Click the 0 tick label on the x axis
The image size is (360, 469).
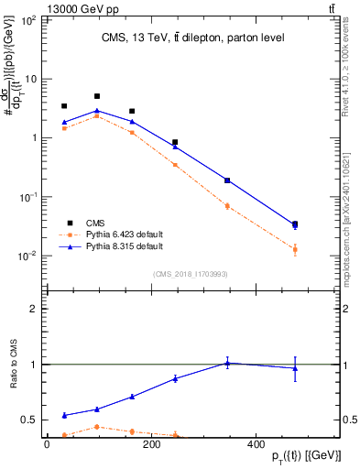[x=47, y=444]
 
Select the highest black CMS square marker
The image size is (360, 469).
[x=97, y=96]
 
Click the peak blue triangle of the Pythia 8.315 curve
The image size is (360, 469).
[x=97, y=110]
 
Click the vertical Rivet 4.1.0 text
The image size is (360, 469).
[x=342, y=73]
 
